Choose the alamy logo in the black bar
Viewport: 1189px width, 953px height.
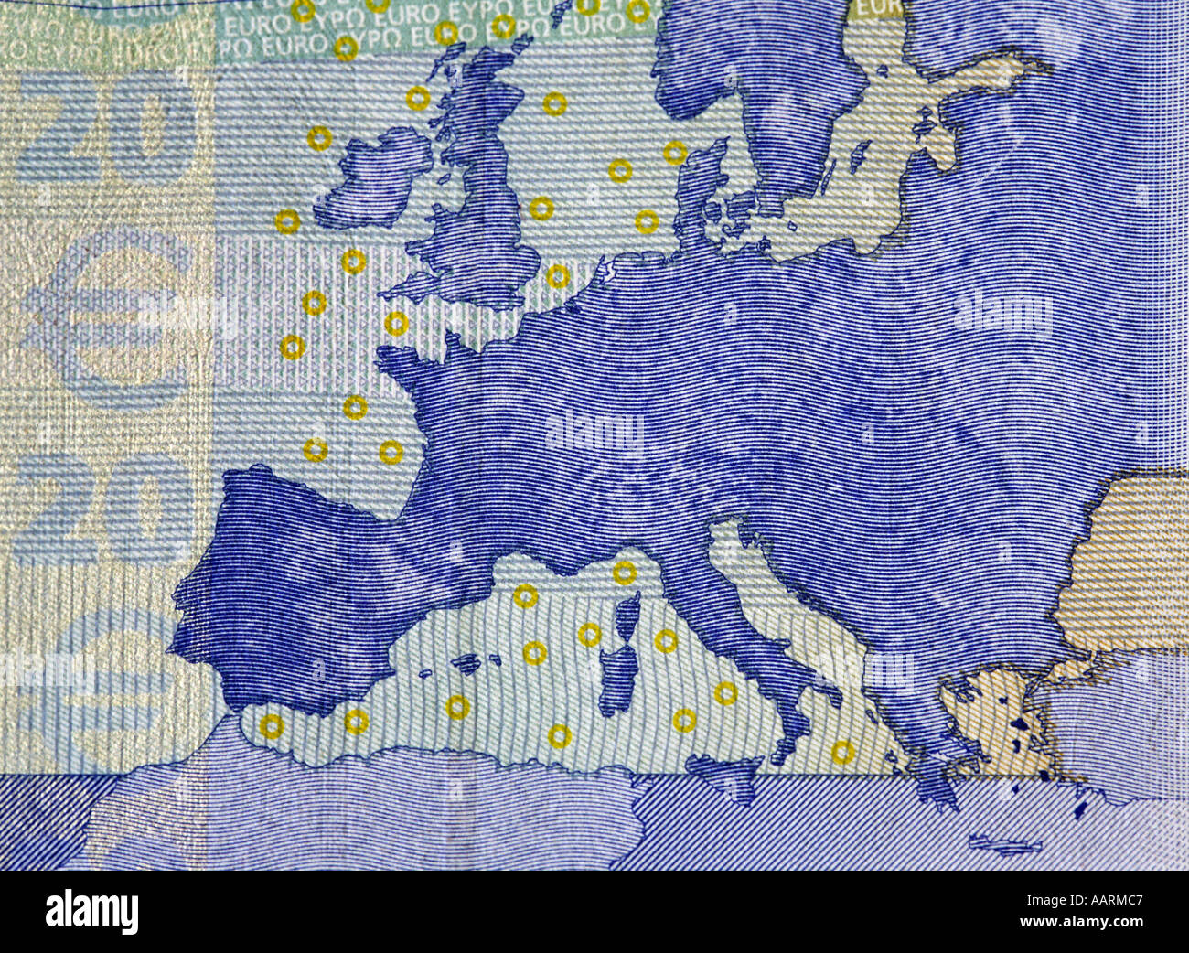click(x=91, y=911)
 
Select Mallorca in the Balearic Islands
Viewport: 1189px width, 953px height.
click(x=467, y=664)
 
